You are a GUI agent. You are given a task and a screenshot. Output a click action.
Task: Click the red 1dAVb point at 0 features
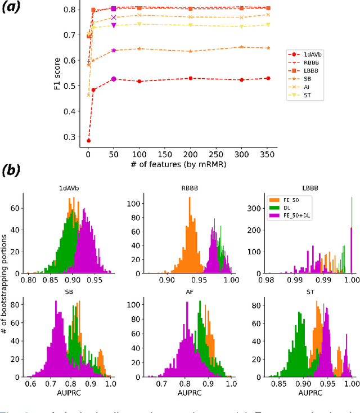[x=88, y=141]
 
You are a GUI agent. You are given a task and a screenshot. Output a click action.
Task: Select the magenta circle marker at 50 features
[x=114, y=79]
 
